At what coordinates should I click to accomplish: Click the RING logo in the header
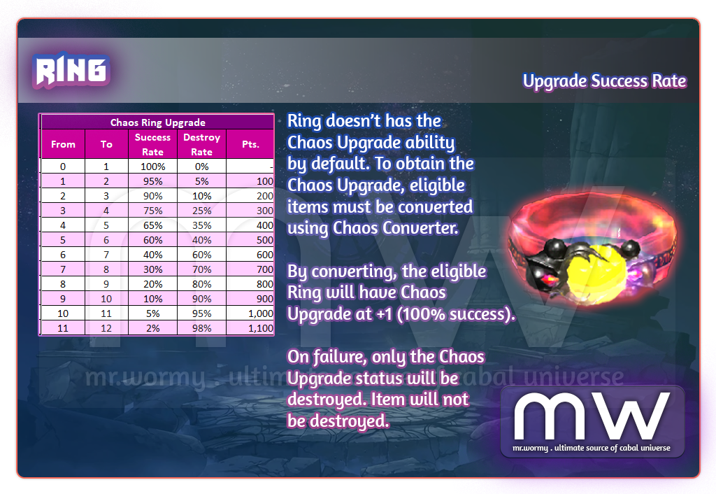coord(71,70)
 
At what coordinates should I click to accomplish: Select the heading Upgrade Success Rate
coord(604,81)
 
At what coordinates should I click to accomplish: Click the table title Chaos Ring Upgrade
coord(157,122)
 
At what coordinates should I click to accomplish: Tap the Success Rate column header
coord(152,144)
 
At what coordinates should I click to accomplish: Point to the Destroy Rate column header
coord(201,144)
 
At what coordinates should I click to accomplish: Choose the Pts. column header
coord(250,144)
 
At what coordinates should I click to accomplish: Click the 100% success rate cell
coord(152,167)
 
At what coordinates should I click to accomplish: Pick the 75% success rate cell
coord(152,210)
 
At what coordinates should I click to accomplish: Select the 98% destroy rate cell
coord(201,328)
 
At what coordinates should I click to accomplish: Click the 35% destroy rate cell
coord(201,225)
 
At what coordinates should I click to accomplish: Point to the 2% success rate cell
coord(152,328)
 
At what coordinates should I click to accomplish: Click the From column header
coord(63,144)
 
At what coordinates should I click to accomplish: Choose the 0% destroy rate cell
coord(201,167)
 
